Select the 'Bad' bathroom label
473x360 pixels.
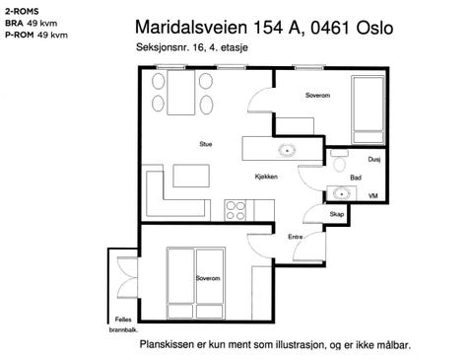[x=354, y=177]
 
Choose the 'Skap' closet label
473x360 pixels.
[x=336, y=214]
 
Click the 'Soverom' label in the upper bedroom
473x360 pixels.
[x=317, y=96]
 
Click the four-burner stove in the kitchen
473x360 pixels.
[x=236, y=208]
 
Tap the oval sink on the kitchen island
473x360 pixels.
[x=287, y=152]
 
